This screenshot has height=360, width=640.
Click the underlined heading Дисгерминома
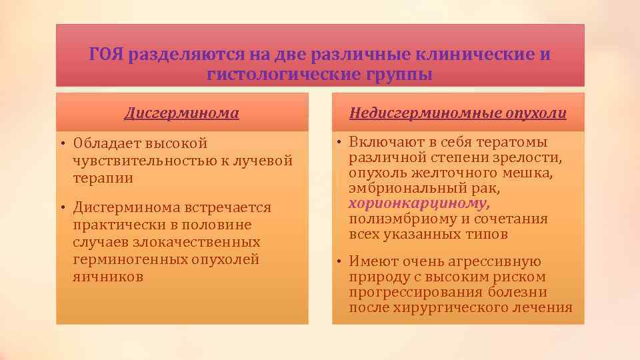[x=181, y=113]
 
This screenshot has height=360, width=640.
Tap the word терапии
[x=103, y=178]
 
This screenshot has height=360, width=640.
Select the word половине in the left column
[x=214, y=225]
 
